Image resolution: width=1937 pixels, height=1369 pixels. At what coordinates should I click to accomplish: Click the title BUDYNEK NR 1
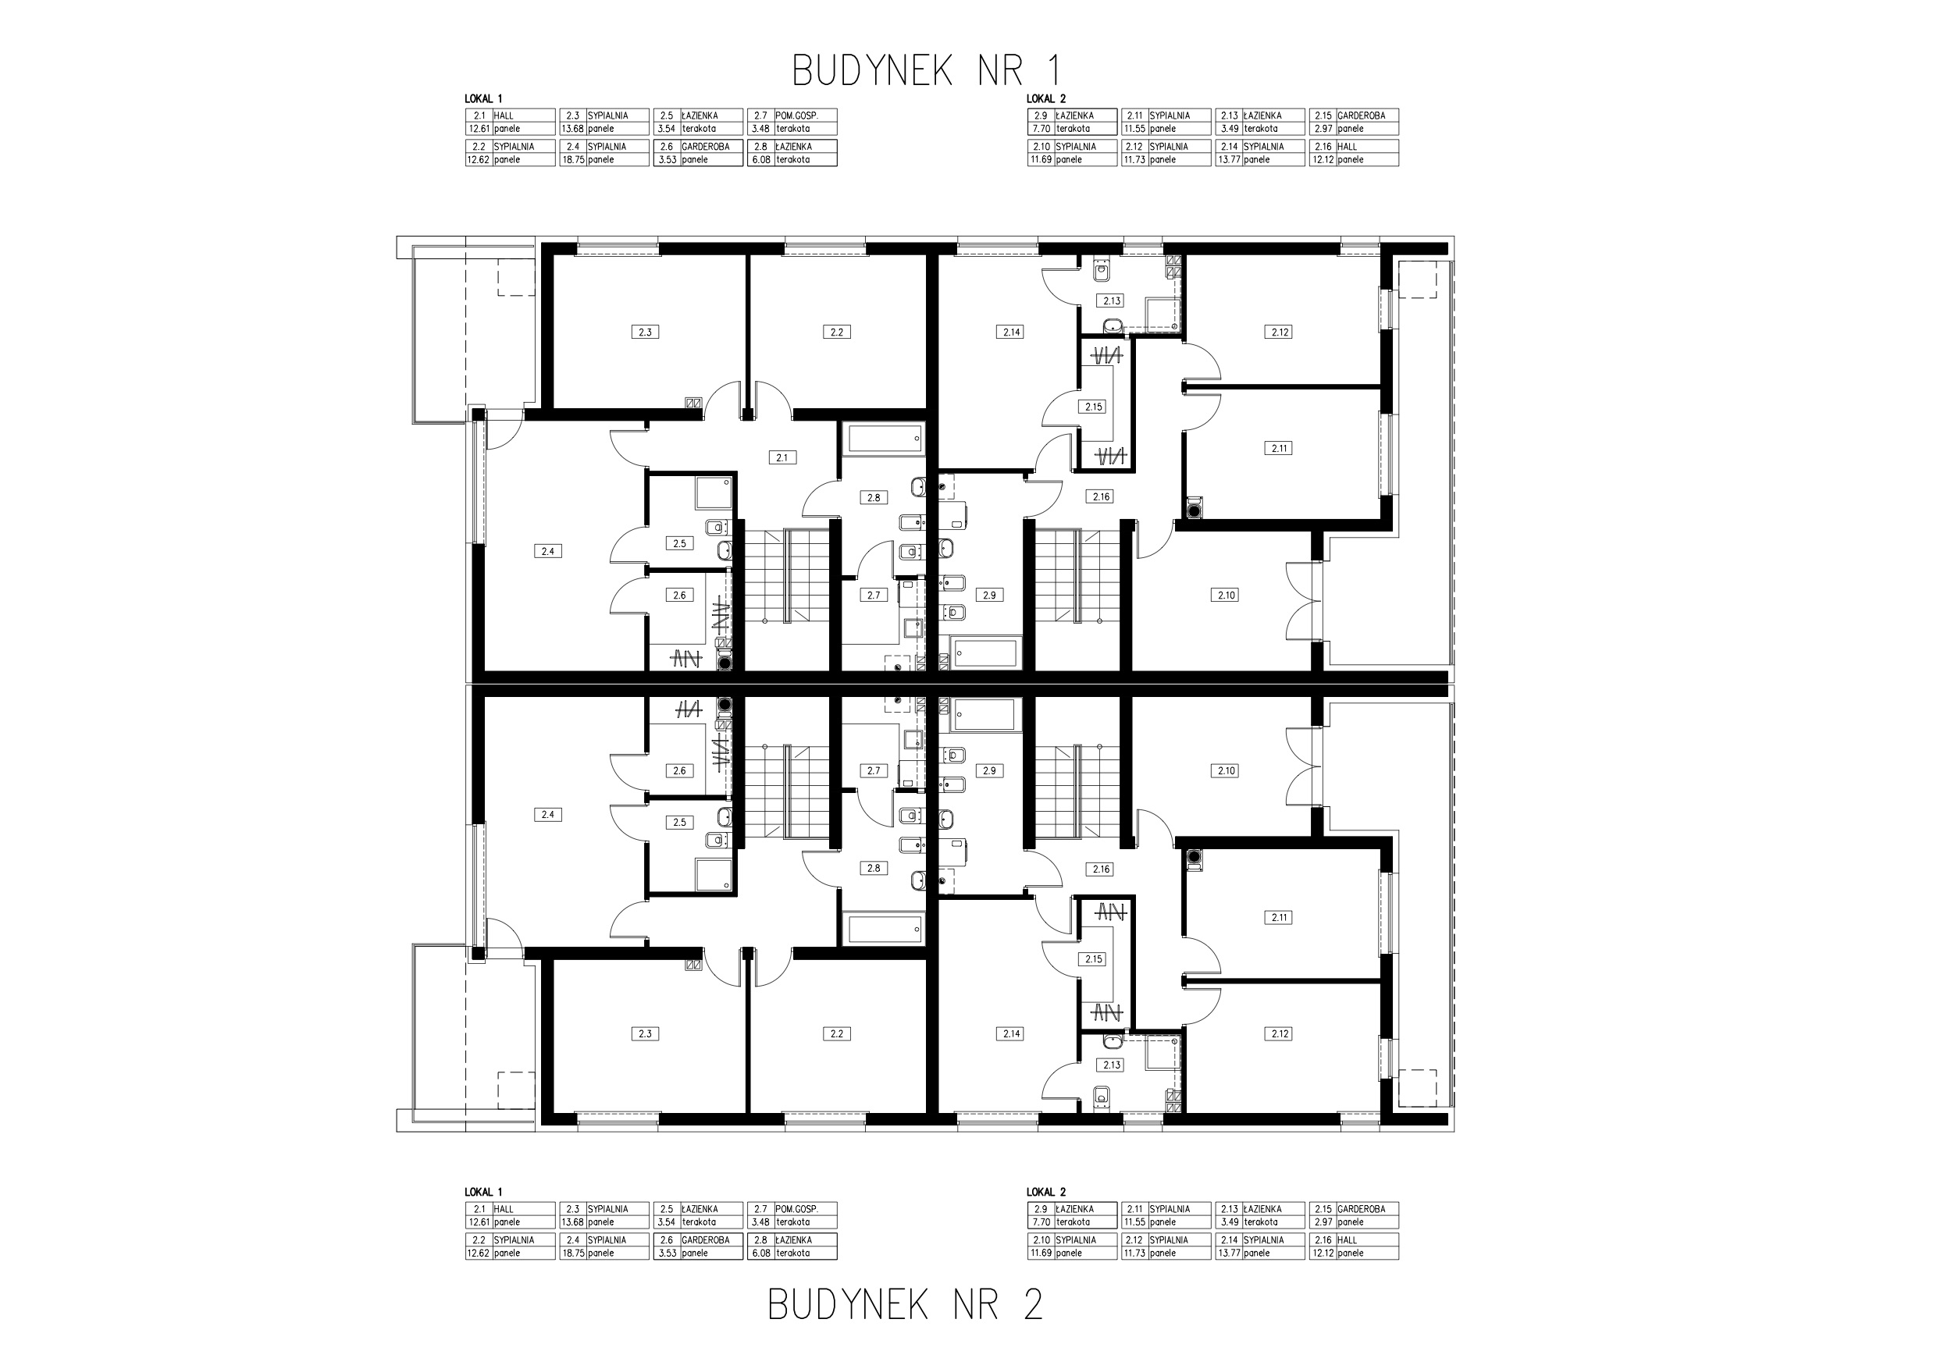pyautogui.click(x=925, y=71)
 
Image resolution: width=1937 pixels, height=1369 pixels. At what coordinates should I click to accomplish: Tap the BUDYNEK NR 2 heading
pyautogui.click(x=905, y=1305)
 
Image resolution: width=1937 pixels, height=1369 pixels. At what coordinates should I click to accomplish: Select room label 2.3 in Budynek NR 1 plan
pyautogui.click(x=645, y=332)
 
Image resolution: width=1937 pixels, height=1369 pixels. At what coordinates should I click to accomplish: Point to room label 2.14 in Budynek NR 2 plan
pyautogui.click(x=1011, y=1034)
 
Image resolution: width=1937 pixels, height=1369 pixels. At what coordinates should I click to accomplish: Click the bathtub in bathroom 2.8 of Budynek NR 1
pyautogui.click(x=885, y=439)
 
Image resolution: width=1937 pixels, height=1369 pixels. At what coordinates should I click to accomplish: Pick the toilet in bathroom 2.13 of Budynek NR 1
pyautogui.click(x=1102, y=271)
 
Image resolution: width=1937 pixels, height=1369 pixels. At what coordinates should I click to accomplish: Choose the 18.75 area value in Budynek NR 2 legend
pyautogui.click(x=572, y=1253)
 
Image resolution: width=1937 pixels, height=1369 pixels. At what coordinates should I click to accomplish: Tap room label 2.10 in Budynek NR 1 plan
pyautogui.click(x=1226, y=596)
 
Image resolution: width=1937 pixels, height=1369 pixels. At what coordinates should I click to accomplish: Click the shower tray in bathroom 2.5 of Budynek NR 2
pyautogui.click(x=713, y=874)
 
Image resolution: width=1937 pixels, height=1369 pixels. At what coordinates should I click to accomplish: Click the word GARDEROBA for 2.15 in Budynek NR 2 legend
pyautogui.click(x=1361, y=1209)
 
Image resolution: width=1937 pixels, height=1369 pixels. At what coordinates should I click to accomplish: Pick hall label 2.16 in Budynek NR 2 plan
pyautogui.click(x=1101, y=869)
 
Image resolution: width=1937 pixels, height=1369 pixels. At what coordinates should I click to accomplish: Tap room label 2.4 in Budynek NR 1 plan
pyautogui.click(x=547, y=552)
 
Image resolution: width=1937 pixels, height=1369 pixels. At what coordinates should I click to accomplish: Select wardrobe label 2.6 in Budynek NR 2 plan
pyautogui.click(x=679, y=771)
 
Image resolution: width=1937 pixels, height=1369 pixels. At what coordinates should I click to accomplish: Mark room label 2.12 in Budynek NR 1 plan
pyautogui.click(x=1280, y=332)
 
